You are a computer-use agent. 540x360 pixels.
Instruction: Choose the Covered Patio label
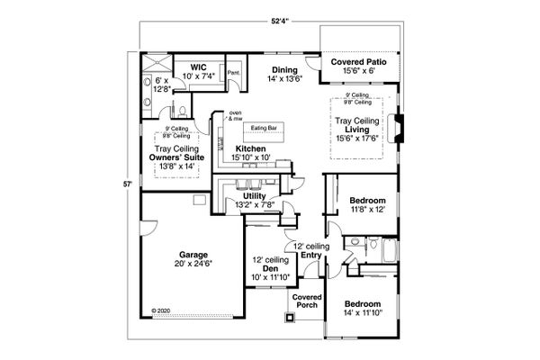click(x=357, y=62)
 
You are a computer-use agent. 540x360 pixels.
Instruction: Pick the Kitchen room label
click(x=249, y=148)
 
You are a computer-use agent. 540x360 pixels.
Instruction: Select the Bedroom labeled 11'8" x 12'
click(x=367, y=199)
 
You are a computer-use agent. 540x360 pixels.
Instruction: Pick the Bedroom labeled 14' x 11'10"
click(x=368, y=304)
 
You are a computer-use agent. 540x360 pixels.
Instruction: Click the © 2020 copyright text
click(x=160, y=310)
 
